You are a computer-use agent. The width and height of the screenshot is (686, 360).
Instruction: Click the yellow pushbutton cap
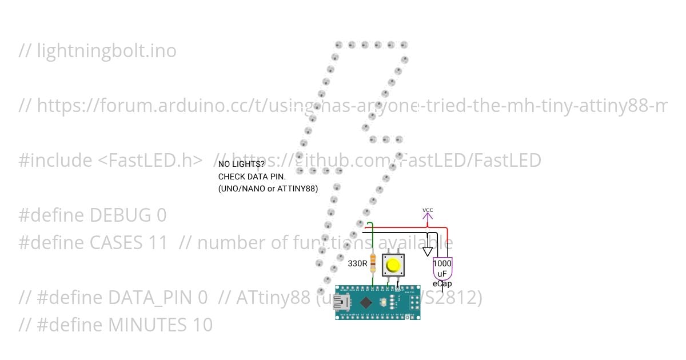click(x=393, y=266)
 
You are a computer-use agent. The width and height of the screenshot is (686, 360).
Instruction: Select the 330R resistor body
click(x=373, y=263)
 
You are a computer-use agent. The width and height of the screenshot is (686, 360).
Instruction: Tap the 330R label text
click(x=357, y=264)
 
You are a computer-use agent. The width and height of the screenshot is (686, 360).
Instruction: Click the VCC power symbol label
click(x=428, y=210)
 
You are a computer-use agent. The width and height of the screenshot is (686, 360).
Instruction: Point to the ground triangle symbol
click(x=428, y=251)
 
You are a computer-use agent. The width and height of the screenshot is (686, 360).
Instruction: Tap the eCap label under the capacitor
click(x=442, y=283)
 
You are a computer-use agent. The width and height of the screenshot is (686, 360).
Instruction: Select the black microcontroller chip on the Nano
click(x=366, y=302)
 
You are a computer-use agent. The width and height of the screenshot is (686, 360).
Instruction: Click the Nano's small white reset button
click(x=393, y=302)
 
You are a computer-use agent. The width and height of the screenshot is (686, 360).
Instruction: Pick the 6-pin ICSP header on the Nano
click(x=413, y=302)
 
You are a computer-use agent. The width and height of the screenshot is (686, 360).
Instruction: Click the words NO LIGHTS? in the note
click(x=242, y=165)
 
